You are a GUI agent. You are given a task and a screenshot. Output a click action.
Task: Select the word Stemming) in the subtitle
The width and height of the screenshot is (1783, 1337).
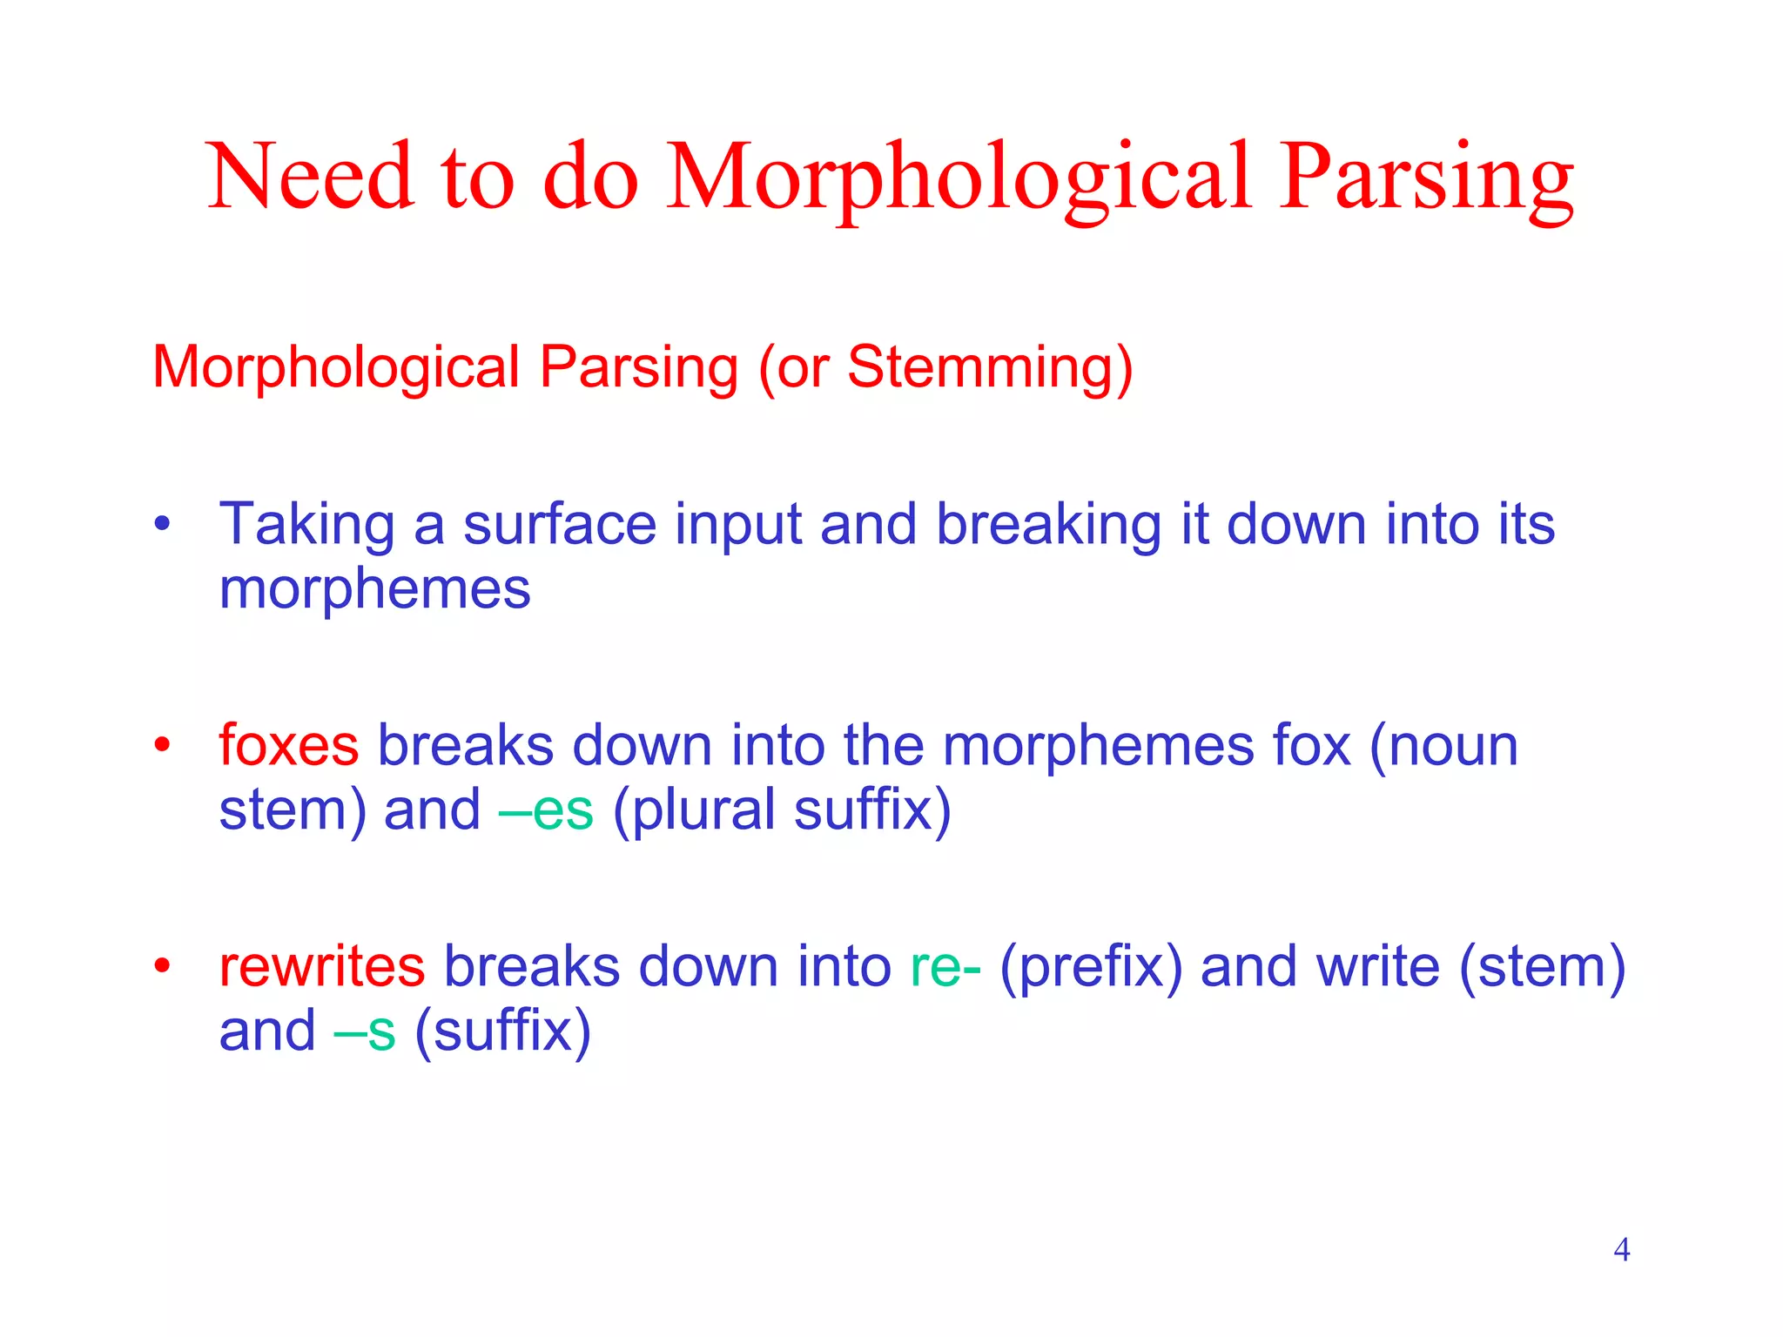tap(990, 368)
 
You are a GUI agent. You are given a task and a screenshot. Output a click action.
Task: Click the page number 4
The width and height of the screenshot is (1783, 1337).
tap(1621, 1250)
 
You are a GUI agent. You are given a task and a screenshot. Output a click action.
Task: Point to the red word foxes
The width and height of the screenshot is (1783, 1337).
tap(288, 746)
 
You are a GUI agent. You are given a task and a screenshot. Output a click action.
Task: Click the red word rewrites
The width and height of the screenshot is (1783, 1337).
tap(321, 966)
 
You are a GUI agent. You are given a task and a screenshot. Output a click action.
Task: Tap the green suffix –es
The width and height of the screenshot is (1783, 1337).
tap(546, 810)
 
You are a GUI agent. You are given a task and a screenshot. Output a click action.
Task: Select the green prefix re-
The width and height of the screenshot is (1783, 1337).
tap(945, 968)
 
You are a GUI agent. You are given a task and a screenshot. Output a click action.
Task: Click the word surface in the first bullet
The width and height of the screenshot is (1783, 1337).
tap(559, 526)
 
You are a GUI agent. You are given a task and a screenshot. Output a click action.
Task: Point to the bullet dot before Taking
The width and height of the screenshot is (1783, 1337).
tap(162, 526)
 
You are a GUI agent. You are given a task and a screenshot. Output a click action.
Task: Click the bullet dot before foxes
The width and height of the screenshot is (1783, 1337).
tap(162, 746)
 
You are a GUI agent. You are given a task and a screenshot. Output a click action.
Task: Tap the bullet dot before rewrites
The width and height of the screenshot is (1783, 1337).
tap(162, 966)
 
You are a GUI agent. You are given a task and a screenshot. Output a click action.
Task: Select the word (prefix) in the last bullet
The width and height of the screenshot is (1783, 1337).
tap(1091, 968)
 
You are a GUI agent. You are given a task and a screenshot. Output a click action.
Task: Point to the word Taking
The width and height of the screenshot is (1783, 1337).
tap(306, 526)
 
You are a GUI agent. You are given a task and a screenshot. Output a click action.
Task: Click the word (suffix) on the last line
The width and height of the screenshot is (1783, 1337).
tap(502, 1031)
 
